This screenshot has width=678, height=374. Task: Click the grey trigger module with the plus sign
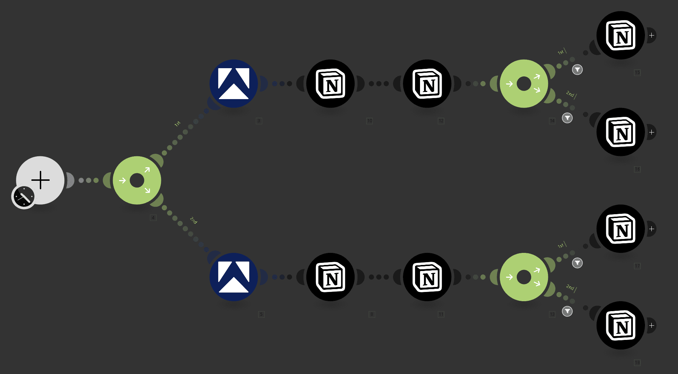(41, 180)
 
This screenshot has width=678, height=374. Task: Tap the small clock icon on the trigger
(24, 196)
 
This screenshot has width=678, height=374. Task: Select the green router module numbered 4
(137, 180)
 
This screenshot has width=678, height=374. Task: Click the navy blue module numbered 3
(233, 83)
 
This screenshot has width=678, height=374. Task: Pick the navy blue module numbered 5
(233, 277)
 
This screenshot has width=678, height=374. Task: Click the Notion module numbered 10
(330, 83)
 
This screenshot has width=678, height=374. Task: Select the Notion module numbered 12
(427, 83)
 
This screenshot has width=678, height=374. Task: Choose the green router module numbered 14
(524, 83)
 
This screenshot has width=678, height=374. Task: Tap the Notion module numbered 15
(620, 36)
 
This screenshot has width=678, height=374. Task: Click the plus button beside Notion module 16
(651, 132)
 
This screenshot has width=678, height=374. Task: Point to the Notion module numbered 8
(330, 277)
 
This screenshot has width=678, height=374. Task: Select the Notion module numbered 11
(427, 277)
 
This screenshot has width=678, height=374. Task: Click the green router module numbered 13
(524, 277)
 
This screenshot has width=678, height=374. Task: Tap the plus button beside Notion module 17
(651, 229)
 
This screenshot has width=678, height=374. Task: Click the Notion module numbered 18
(620, 325)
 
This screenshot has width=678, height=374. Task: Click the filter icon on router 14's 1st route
(577, 70)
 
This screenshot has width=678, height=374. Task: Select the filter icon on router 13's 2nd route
(567, 311)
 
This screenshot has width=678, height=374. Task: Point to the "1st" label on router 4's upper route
(177, 124)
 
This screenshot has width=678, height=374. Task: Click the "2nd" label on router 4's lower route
(193, 220)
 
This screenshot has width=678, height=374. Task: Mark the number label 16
(637, 169)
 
